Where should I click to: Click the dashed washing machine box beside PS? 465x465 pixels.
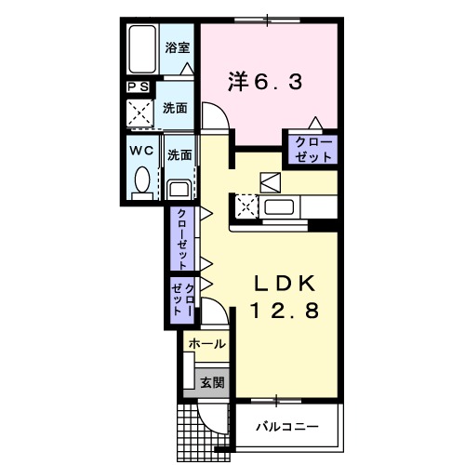pos(144,113)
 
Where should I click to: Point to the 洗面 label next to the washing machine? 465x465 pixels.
pos(177,108)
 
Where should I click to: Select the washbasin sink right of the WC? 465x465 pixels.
pos(179,189)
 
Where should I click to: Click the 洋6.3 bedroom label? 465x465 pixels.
pos(265,82)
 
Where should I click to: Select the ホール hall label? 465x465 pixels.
pos(206,344)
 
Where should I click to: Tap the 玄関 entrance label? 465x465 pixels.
pos(211,381)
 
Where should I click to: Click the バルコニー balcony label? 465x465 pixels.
pos(288,428)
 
